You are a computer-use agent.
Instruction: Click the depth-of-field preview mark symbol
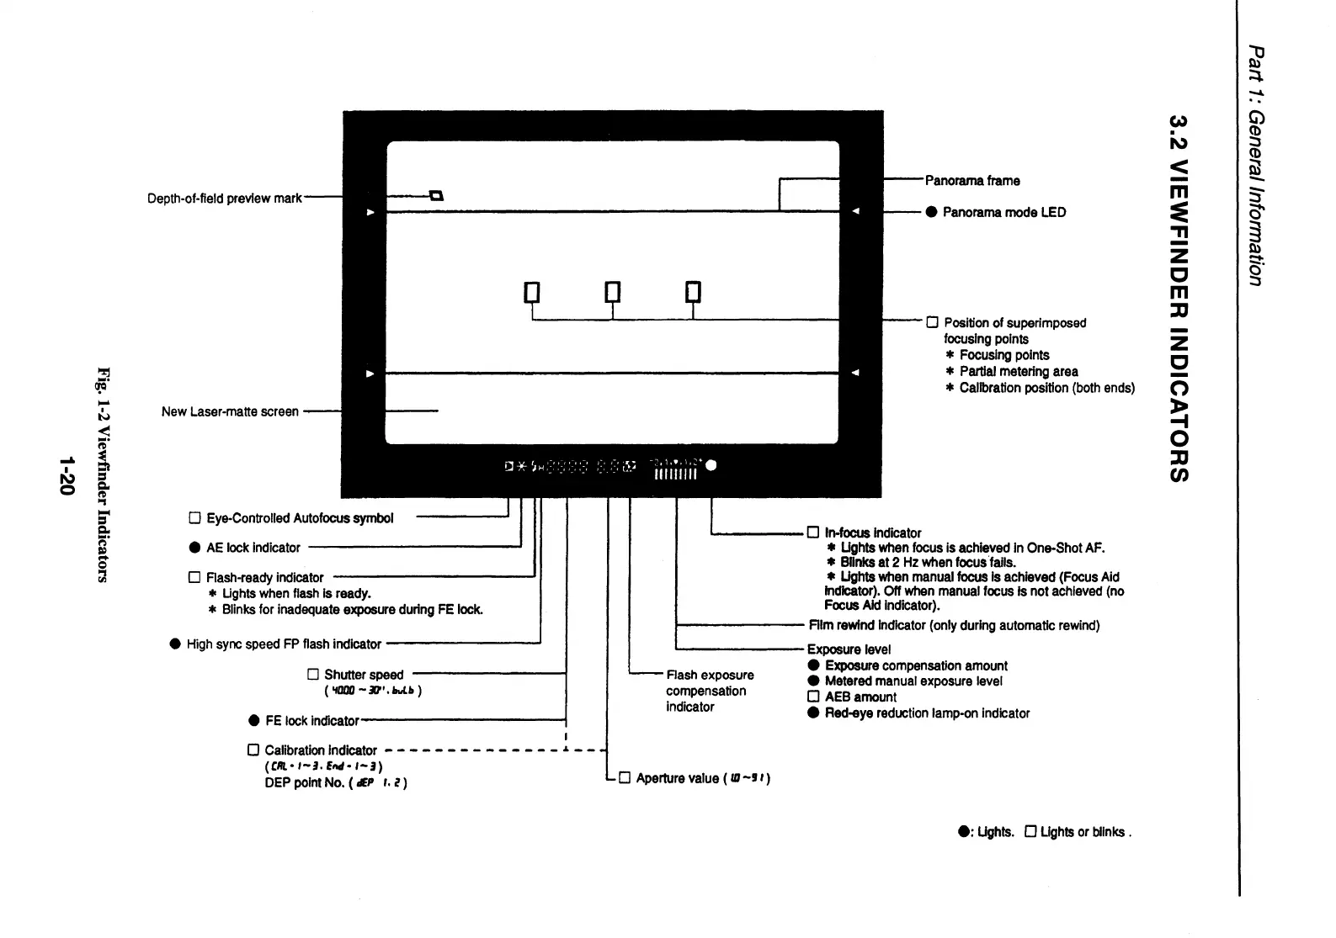pyautogui.click(x=436, y=196)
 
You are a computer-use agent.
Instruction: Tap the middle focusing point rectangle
pyautogui.click(x=613, y=292)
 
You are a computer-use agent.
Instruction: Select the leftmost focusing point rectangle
pyautogui.click(x=531, y=292)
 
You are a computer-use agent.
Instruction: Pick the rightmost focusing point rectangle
pyautogui.click(x=693, y=292)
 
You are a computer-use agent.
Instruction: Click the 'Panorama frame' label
pyautogui.click(x=972, y=181)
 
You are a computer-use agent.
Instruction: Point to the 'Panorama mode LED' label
pyautogui.click(x=1003, y=212)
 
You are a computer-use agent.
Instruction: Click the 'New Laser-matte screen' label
pyautogui.click(x=230, y=411)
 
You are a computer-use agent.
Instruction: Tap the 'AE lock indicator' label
pyautogui.click(x=253, y=548)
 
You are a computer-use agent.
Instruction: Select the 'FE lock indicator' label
pyautogui.click(x=311, y=721)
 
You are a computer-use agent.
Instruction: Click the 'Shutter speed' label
pyautogui.click(x=364, y=675)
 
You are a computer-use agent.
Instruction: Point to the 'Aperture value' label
pyautogui.click(x=677, y=778)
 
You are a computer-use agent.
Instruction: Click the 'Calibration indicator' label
pyautogui.click(x=321, y=750)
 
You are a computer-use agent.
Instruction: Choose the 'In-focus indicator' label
pyautogui.click(x=872, y=533)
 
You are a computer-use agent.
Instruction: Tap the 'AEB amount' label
pyautogui.click(x=860, y=697)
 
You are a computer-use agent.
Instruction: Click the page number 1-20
pyautogui.click(x=67, y=476)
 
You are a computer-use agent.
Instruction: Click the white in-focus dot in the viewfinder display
pyautogui.click(x=711, y=465)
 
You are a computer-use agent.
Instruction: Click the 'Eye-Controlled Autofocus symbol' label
pyautogui.click(x=300, y=518)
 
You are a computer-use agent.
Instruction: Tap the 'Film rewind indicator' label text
pyautogui.click(x=954, y=626)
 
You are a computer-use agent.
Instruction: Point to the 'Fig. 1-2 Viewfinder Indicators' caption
pyautogui.click(x=104, y=474)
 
